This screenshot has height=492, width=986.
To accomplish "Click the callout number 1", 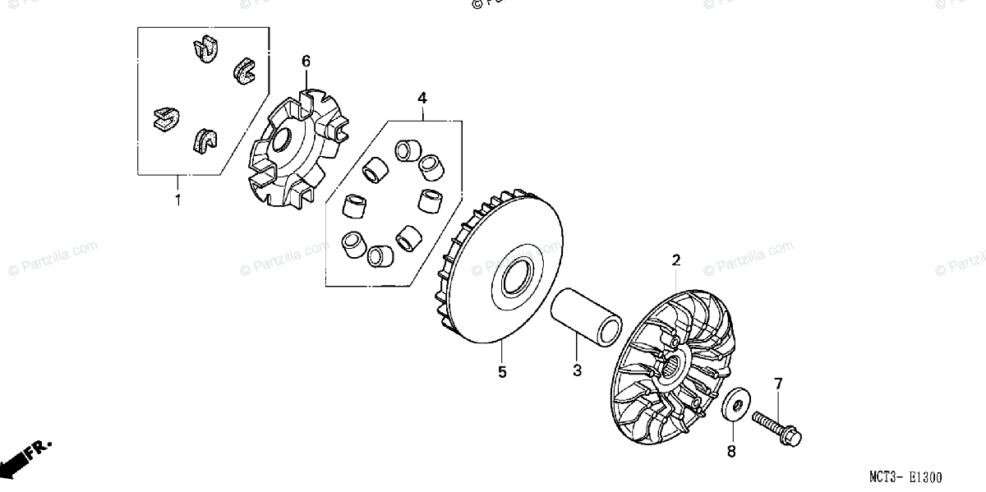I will pos(177,199).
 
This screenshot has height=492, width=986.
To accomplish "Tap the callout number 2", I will pos(676,261).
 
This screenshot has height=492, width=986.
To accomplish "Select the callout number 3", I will pos(577,371).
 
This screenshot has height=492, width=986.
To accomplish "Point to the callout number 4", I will pos(422,99).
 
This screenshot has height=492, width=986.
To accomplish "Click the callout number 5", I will pos(502,372).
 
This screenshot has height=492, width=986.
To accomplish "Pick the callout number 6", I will pos(306,61).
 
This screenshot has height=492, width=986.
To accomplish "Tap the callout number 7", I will pos(778,384).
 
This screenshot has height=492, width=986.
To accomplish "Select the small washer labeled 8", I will pos(735,406).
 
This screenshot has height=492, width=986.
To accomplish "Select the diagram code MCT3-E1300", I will pos(907,476).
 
